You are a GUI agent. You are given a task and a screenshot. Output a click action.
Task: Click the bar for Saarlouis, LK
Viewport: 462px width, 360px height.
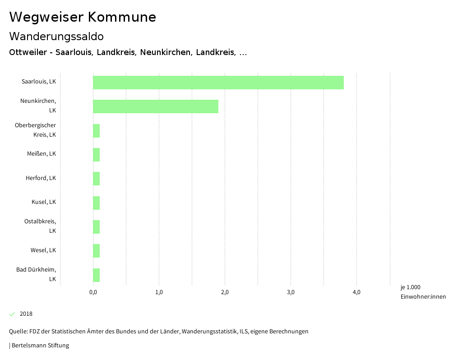(x=218, y=83)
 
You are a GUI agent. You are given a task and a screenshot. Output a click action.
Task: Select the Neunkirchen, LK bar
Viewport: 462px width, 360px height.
(x=156, y=106)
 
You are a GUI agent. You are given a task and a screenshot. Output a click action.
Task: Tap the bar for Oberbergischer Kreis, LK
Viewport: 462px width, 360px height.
(x=96, y=131)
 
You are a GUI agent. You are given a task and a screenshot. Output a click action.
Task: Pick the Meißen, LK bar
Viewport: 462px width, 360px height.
(x=96, y=155)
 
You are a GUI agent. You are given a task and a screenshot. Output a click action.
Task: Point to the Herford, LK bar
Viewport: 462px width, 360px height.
(x=96, y=179)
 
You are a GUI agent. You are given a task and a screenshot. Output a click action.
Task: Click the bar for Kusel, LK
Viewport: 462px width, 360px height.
(x=96, y=203)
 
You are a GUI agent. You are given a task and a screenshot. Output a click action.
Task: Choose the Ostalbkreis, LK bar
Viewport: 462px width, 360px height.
(x=96, y=227)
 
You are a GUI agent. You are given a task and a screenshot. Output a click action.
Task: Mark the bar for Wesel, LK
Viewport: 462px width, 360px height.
(x=96, y=251)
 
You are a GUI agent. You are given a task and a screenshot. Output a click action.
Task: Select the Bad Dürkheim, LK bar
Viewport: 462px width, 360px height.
(x=96, y=275)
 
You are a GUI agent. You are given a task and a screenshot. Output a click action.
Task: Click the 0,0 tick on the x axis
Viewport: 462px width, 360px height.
(x=93, y=292)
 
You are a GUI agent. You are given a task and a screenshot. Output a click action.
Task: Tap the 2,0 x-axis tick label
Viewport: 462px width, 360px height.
(x=225, y=292)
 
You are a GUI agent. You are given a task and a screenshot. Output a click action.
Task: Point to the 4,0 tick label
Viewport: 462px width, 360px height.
(x=356, y=292)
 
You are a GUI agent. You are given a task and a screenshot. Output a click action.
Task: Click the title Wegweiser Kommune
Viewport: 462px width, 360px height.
(x=83, y=17)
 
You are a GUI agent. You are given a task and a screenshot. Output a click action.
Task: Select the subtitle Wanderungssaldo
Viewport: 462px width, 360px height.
(x=56, y=36)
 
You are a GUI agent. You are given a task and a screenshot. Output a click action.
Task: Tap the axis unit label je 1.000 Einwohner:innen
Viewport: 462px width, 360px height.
(x=423, y=292)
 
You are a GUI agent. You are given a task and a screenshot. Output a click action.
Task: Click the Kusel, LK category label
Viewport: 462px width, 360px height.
(x=44, y=202)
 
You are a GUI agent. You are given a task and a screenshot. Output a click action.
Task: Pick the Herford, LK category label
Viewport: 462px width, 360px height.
(x=41, y=178)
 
